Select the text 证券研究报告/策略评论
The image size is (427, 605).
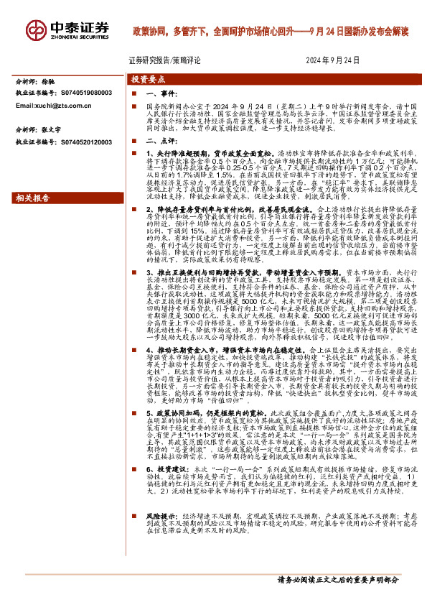165,61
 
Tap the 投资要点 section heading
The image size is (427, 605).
147,80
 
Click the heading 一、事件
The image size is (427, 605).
161,93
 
